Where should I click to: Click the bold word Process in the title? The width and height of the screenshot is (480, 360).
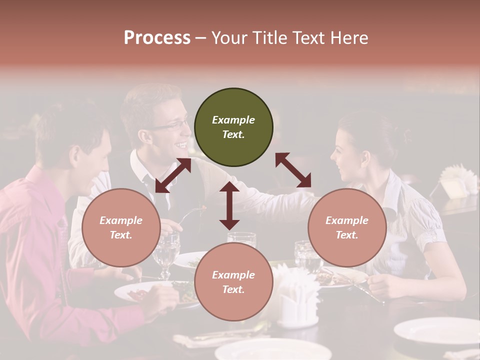point(157,38)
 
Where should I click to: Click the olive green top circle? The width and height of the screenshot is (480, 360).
point(233,127)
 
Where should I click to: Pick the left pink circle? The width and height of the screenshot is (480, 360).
point(121,227)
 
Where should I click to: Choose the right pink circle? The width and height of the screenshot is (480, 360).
point(347,227)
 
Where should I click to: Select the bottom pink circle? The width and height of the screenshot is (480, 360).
point(233,281)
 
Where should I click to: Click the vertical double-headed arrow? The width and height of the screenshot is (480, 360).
point(229,205)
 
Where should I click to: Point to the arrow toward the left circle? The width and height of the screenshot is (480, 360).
point(173,175)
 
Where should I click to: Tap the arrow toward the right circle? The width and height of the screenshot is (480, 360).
point(293,170)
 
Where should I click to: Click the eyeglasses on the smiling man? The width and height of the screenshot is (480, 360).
point(170,125)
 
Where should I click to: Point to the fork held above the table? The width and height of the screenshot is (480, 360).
point(190,215)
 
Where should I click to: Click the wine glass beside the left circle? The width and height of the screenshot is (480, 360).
point(166,252)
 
